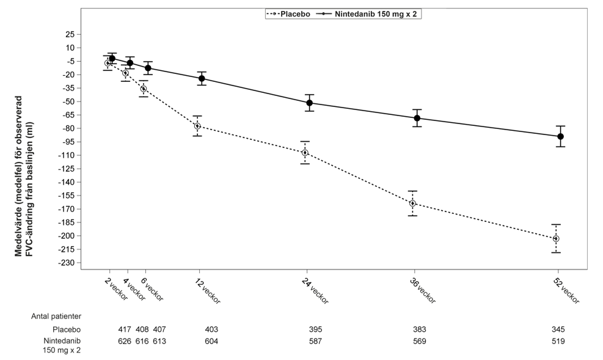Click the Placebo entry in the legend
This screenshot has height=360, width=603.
[288, 14]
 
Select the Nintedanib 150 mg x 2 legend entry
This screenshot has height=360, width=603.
[368, 14]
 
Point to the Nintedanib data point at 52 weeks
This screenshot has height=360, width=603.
[560, 136]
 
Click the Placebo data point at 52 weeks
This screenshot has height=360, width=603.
[556, 239]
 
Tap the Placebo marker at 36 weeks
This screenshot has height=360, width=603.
[412, 204]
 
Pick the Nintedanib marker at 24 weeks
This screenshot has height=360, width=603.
[310, 103]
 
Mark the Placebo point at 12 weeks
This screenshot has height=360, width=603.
[197, 126]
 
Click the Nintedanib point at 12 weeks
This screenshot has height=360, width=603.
[202, 78]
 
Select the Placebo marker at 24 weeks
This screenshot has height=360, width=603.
[305, 153]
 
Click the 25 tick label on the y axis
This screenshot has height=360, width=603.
[70, 35]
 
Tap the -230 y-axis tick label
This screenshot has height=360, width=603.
[68, 263]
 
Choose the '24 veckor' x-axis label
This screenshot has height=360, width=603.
[315, 291]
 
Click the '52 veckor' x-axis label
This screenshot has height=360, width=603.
[566, 291]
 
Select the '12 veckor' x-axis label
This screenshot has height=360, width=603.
[208, 291]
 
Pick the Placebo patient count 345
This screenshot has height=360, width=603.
[558, 329]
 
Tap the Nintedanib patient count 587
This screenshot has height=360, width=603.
[315, 341]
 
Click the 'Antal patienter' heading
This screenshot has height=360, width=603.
[56, 317]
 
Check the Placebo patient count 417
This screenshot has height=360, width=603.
[125, 329]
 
